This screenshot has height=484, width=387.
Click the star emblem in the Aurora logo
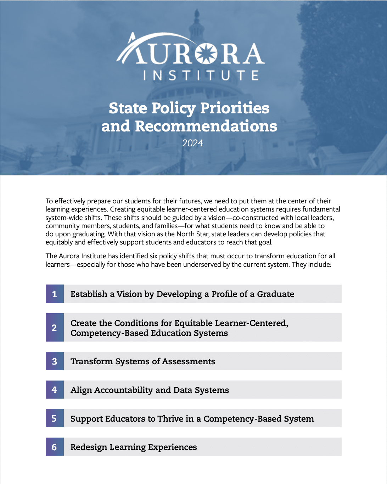(206, 54)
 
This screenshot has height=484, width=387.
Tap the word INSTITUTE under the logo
(201, 75)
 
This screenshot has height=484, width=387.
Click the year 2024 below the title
(192, 143)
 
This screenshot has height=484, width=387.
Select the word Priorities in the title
(235, 108)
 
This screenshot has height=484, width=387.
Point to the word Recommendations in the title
(206, 126)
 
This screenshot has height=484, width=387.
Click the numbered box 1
(55, 294)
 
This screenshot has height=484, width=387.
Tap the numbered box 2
(55, 327)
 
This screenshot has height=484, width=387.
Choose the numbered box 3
(55, 361)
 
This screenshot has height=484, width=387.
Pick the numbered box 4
(55, 390)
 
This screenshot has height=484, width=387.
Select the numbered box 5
(55, 418)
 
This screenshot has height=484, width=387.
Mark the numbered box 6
(55, 447)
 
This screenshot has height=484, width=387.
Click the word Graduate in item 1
(275, 294)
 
